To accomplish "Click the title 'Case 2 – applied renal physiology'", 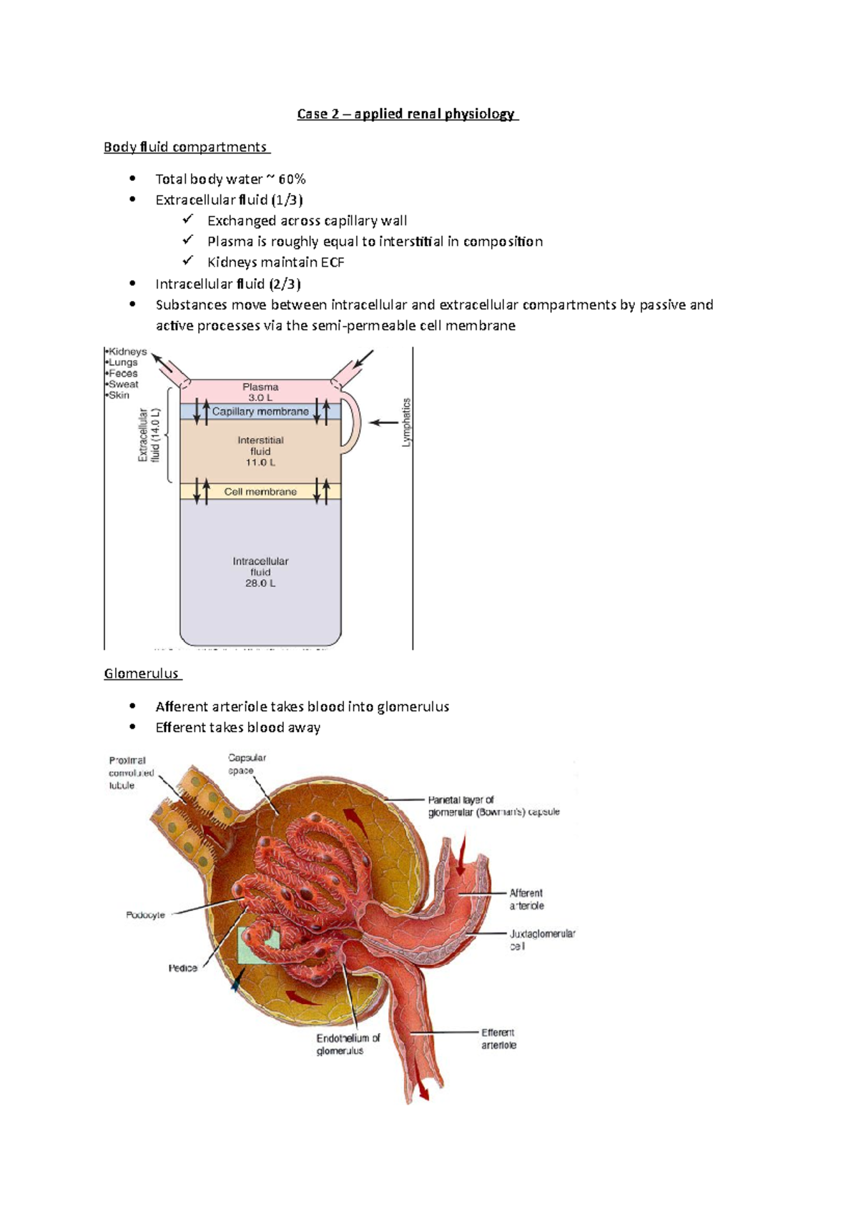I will point(407,114).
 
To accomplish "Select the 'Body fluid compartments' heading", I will point(186,147).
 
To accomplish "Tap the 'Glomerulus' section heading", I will point(142,673).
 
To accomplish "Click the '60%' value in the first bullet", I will point(292,179).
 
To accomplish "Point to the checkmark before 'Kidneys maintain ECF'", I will point(188,261).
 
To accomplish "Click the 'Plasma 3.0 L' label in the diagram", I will point(260,392).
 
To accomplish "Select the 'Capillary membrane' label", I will point(260,412).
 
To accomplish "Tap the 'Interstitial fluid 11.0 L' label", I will point(260,451).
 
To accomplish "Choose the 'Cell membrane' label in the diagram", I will point(260,492).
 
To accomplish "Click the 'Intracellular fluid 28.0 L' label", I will point(260,572).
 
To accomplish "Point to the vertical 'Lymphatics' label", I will point(407,423).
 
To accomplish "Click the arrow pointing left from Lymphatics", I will point(384,423).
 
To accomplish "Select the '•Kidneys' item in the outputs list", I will point(127,352).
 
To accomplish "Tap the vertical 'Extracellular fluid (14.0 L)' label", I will point(149,435).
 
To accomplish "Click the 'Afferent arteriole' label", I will point(526,899).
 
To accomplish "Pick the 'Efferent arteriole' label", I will point(498,1039).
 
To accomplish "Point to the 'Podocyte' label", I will point(145,915).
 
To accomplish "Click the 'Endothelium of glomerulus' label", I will point(348,1045).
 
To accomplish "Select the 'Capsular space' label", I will point(247,764).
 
